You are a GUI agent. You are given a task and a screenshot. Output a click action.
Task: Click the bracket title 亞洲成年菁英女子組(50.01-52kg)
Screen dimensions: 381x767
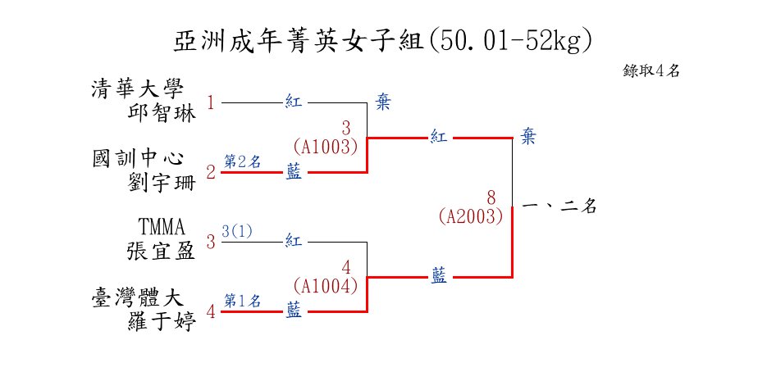point(383,40)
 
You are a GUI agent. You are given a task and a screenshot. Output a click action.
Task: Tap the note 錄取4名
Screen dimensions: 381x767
point(651,70)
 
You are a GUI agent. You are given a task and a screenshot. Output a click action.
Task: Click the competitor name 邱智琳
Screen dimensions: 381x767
point(162,113)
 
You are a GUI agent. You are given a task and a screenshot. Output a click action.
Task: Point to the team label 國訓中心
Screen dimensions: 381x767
point(138,159)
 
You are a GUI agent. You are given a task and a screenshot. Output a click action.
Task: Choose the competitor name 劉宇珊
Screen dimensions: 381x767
point(162,183)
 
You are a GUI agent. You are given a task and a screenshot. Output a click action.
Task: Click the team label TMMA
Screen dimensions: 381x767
point(162,227)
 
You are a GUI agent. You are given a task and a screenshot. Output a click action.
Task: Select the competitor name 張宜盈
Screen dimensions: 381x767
point(162,251)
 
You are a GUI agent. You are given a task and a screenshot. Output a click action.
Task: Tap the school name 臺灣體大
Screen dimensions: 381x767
point(138,298)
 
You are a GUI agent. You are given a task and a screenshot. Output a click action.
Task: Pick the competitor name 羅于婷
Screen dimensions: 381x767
point(162,322)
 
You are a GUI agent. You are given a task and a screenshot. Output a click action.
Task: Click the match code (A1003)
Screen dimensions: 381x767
point(326,147)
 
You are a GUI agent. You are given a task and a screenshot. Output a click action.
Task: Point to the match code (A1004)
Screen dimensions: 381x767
point(326,286)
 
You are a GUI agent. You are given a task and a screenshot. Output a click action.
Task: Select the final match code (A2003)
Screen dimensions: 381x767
point(470,216)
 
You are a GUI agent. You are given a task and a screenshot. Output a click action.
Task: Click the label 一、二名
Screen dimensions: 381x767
point(559,207)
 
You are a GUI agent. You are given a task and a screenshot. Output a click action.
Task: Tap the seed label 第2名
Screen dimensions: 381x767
point(242,161)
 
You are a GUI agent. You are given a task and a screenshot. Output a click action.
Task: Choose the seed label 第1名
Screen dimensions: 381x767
point(242,301)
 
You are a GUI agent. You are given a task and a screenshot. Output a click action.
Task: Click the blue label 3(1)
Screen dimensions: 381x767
point(237,231)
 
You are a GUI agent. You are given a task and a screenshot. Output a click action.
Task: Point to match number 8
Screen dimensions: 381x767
point(491,197)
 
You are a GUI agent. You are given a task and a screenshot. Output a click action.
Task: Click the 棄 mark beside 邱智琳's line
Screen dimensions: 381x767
point(383,102)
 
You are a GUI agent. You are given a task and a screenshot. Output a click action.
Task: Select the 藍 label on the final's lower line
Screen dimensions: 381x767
point(440,277)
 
